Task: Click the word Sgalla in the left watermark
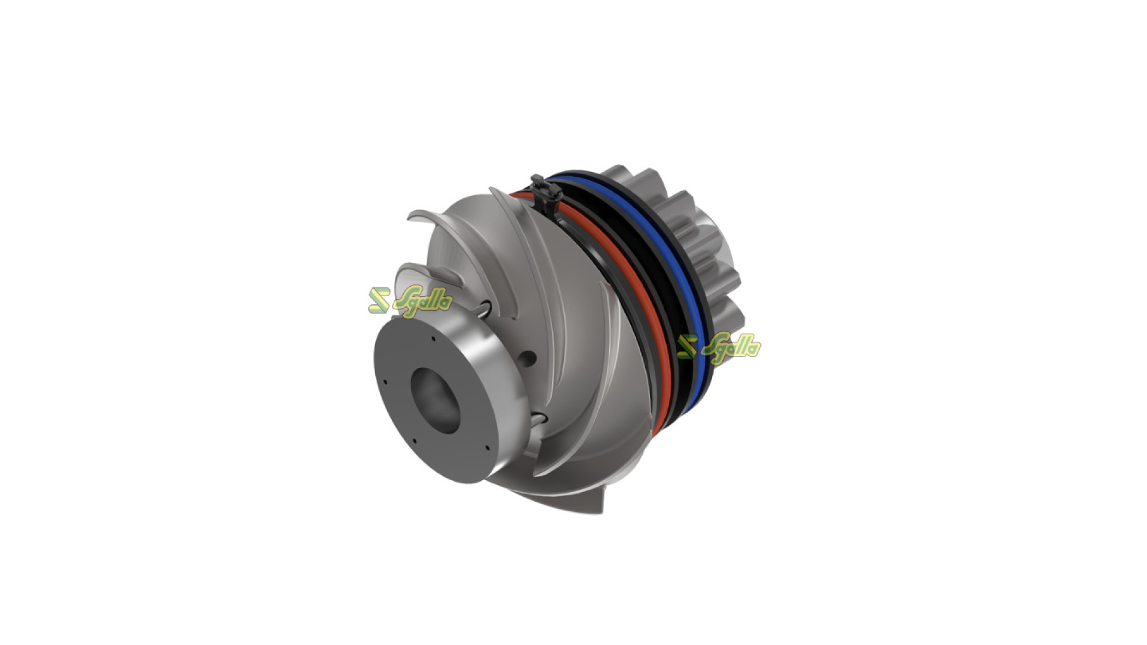pos(423,301)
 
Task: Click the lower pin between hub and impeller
pos(537,417)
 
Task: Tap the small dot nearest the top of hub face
pos(433,339)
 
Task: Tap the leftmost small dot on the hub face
pos(386,382)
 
